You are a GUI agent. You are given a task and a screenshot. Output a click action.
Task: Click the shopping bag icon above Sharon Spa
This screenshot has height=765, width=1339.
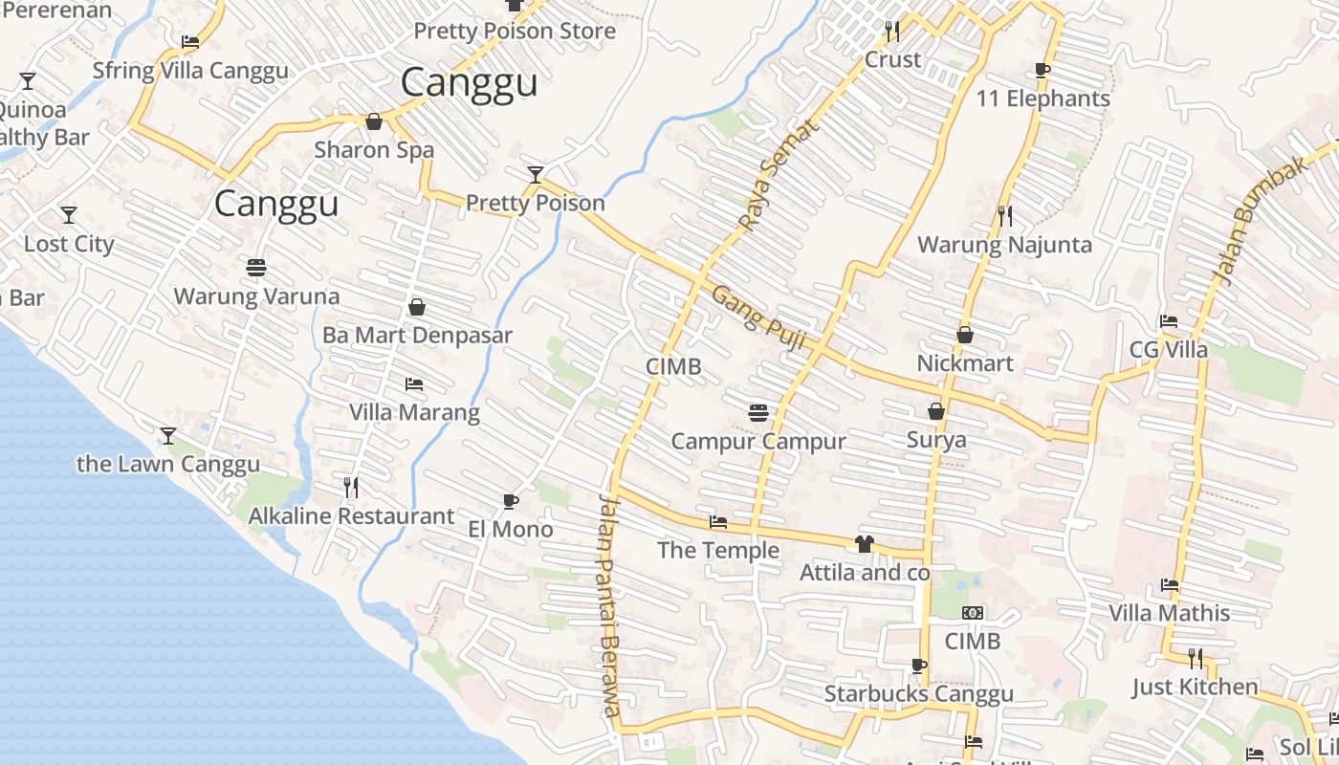[x=374, y=121]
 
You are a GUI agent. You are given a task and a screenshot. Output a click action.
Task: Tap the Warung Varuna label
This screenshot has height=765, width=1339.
[x=256, y=296]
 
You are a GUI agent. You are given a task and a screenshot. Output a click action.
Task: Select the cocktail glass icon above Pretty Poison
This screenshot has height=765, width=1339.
[x=536, y=174]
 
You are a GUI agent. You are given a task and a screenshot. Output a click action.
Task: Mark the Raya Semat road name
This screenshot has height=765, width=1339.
[x=779, y=175]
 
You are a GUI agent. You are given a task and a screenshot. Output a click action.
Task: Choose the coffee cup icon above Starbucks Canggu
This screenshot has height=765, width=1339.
[x=919, y=666]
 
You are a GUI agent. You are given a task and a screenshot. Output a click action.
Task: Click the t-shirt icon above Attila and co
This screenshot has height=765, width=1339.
[x=865, y=544]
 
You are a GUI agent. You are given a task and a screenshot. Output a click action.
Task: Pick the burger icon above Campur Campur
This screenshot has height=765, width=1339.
[x=758, y=413]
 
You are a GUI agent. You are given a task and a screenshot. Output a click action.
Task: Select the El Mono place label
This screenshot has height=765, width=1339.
[x=511, y=529]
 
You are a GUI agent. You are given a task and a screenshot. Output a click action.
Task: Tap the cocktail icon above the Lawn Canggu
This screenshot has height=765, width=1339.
[x=168, y=436]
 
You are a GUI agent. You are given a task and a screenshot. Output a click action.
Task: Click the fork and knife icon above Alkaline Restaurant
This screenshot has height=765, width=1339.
[x=351, y=488]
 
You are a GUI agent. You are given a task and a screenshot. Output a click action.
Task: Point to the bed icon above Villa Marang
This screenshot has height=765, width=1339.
[x=414, y=384]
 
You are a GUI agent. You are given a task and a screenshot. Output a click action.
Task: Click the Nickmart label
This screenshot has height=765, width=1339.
[x=965, y=363]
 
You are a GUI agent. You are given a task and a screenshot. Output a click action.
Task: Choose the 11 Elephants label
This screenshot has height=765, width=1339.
[x=1043, y=98]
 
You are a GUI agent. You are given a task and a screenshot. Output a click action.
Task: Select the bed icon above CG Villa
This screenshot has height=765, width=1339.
[x=1169, y=321]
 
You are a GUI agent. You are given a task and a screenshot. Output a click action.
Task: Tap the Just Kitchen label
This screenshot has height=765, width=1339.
[x=1195, y=687]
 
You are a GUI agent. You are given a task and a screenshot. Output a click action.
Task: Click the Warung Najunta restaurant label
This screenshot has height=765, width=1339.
[x=1004, y=245]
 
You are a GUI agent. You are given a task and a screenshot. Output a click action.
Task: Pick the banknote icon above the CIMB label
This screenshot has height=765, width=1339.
[x=973, y=613]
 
